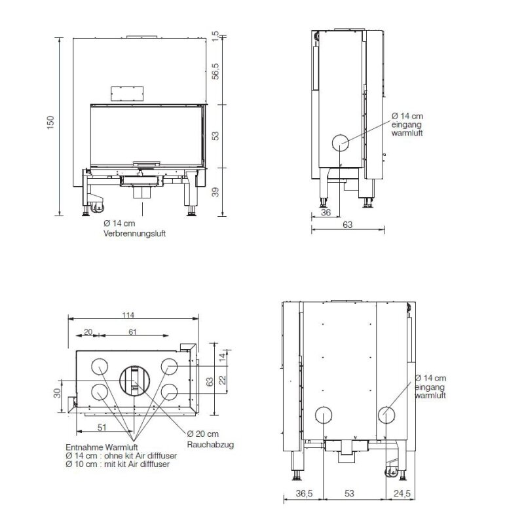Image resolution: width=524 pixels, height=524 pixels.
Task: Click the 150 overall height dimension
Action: tap(51, 124)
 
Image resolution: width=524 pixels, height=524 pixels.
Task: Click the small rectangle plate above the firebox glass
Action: tap(126, 92)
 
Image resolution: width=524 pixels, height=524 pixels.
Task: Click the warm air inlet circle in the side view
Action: tap(341, 143)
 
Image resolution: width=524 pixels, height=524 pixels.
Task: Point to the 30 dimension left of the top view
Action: tap(58, 394)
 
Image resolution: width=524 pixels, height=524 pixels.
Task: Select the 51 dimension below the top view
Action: tap(102, 427)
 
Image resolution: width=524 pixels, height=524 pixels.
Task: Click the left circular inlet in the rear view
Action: tap(324, 414)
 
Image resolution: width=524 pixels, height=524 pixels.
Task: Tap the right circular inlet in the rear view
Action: tap(386, 414)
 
